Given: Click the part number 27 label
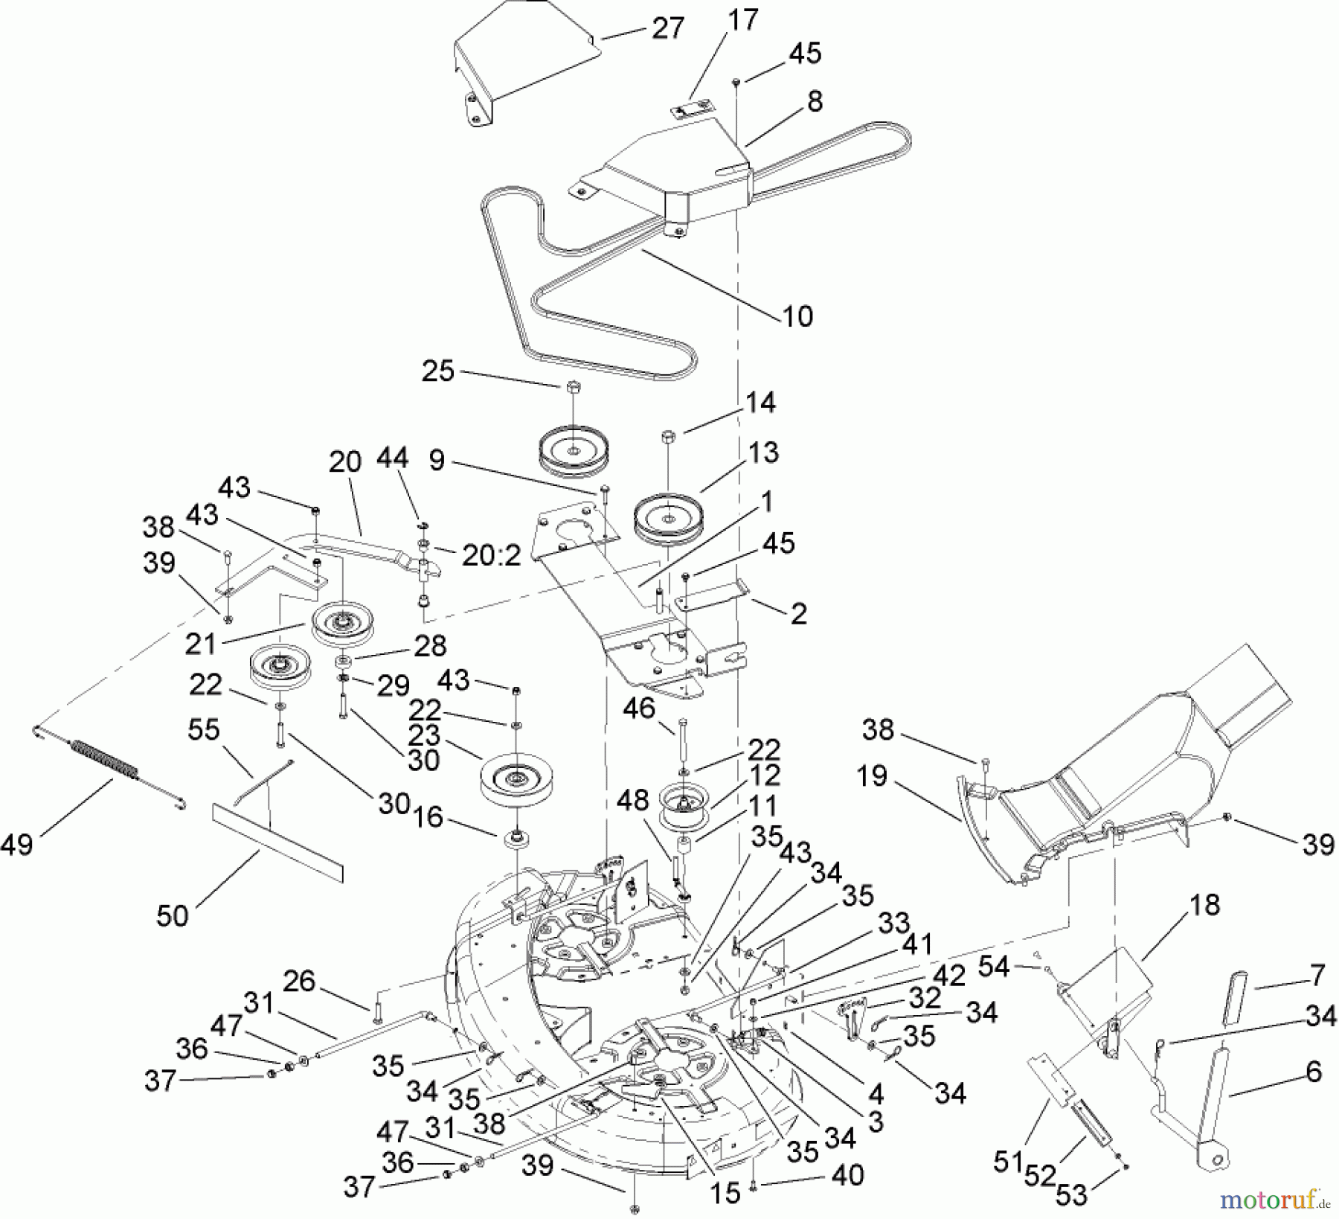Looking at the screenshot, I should [667, 28].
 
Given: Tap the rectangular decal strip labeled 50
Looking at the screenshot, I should [277, 837].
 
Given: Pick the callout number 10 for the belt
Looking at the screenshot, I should [797, 316].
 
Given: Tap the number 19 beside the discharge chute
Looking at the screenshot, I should [872, 775].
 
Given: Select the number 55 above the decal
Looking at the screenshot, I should [204, 729].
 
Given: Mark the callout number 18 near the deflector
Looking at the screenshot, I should [1204, 904].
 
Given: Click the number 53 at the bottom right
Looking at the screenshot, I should [1071, 1195].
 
